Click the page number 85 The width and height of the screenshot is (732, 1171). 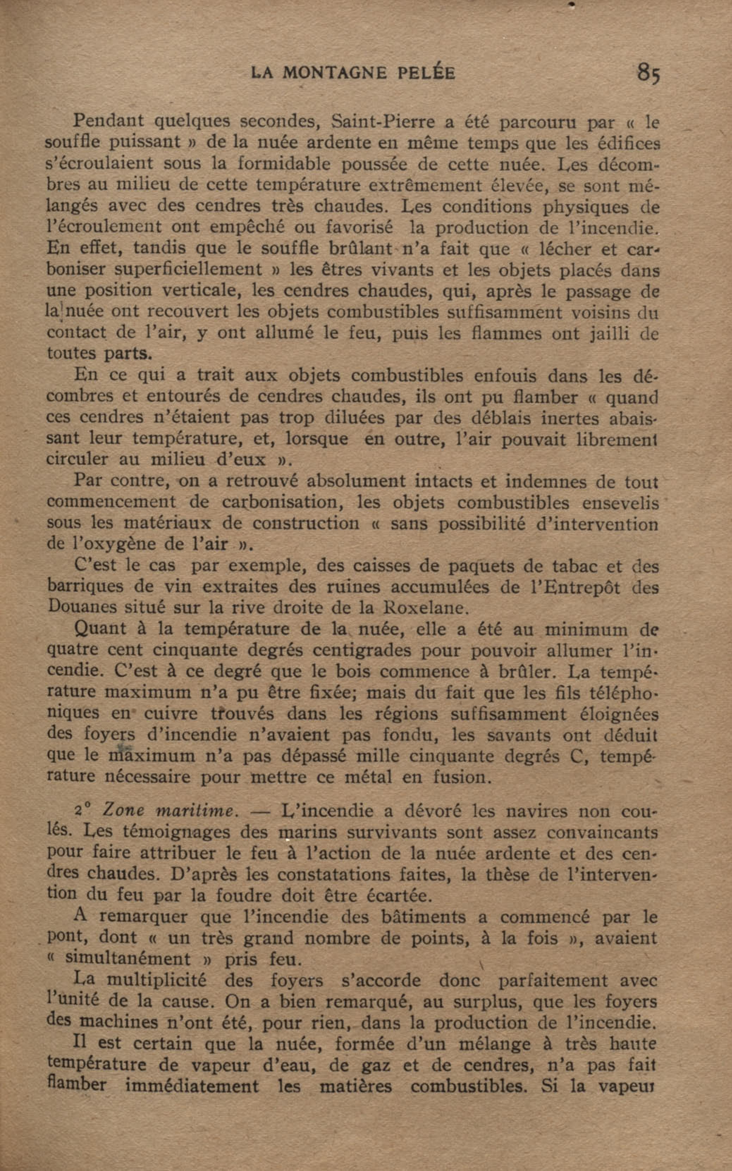[x=648, y=74]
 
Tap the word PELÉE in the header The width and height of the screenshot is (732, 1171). [x=426, y=73]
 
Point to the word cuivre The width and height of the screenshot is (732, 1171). [x=171, y=714]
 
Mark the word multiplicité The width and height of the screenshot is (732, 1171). [x=156, y=981]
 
